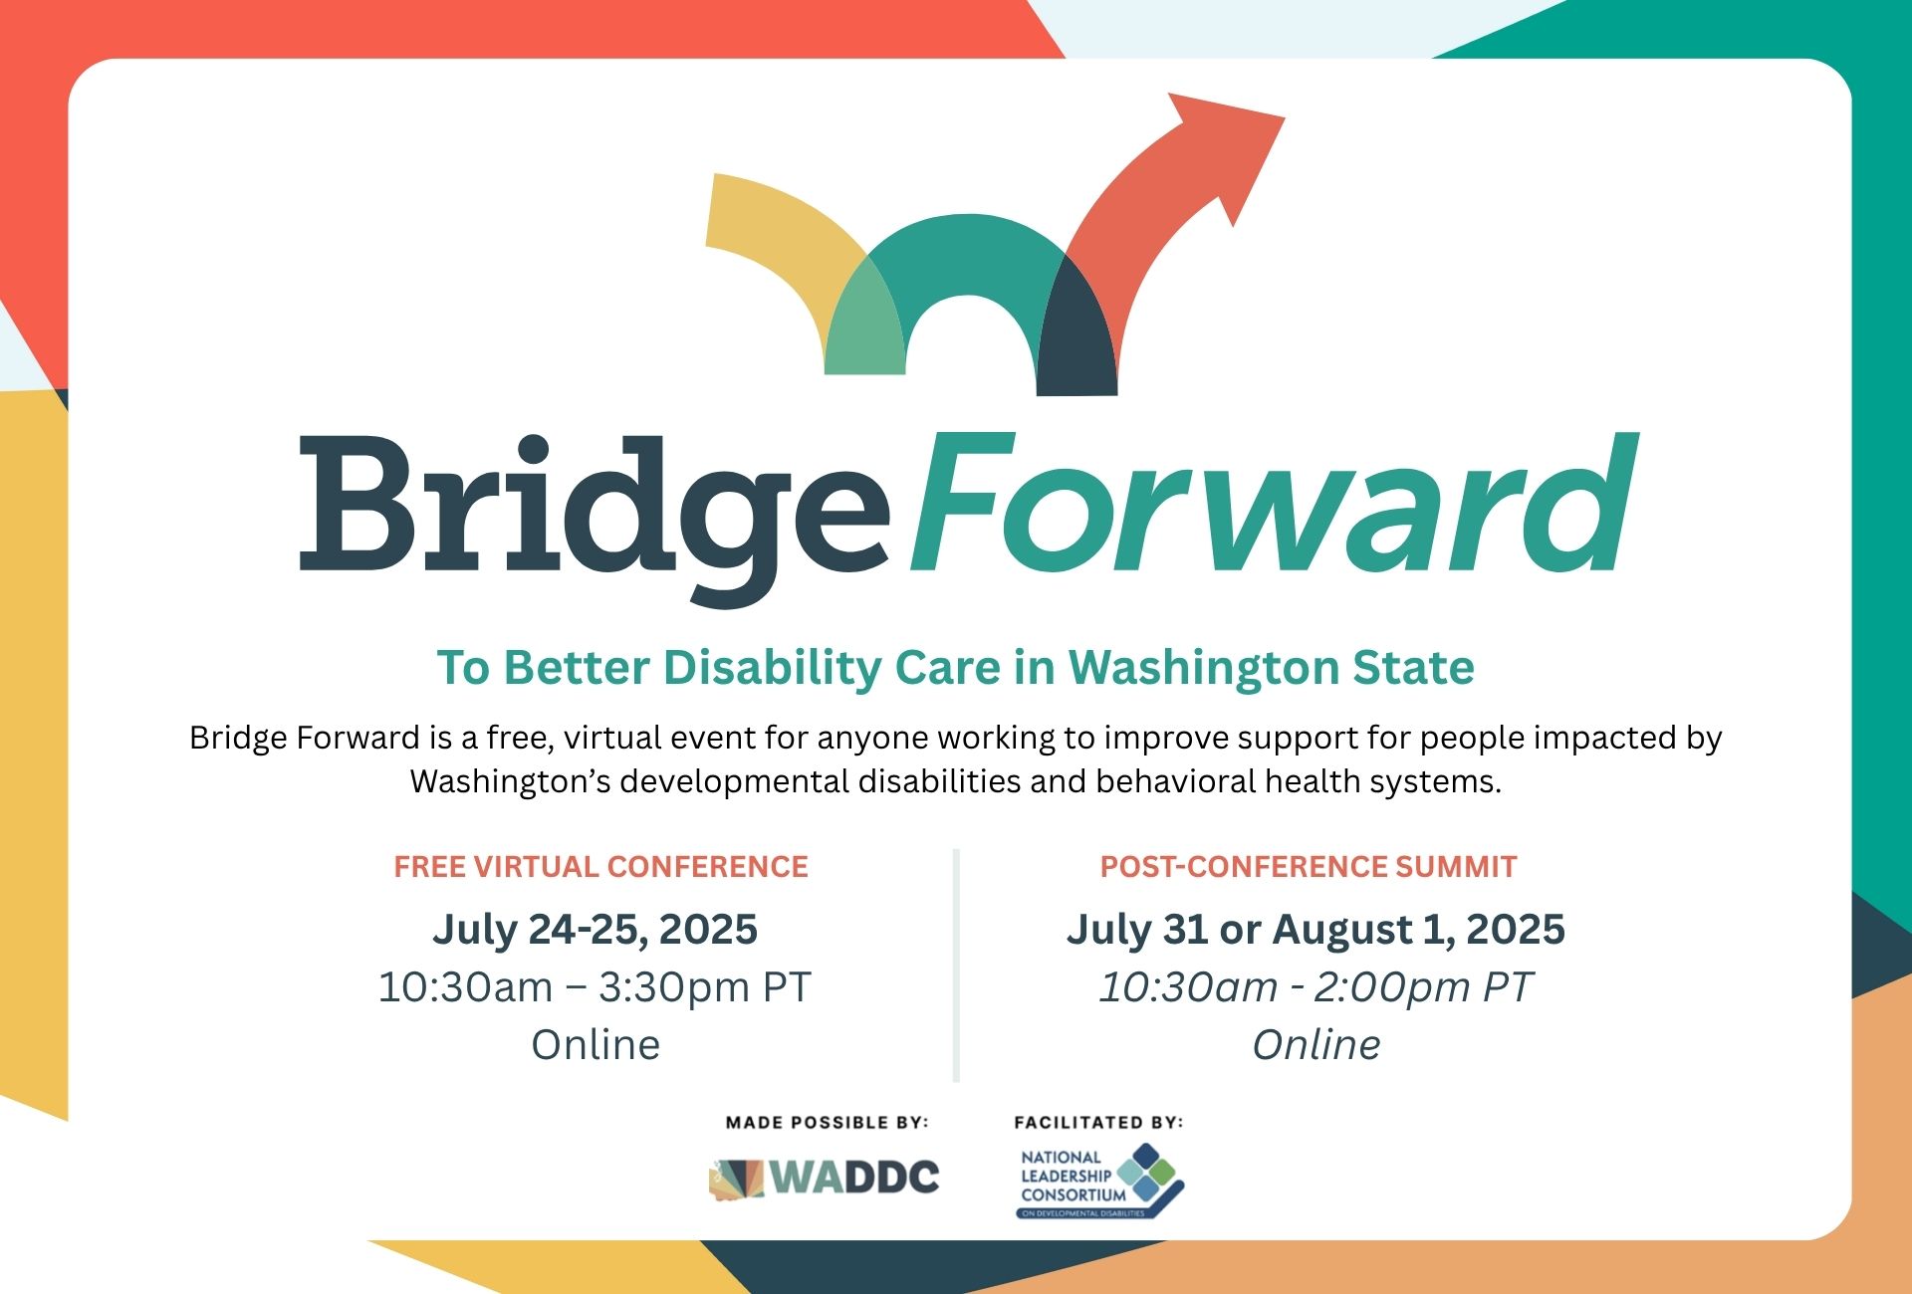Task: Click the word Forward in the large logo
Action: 1273,506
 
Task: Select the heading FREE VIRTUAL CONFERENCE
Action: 600,867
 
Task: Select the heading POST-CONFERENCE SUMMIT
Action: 1308,867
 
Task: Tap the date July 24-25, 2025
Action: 596,929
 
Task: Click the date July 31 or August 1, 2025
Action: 1315,929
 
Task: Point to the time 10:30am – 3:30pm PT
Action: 596,986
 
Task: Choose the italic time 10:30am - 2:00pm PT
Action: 1315,986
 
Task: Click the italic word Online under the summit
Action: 1315,1044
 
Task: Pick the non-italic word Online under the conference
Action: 596,1044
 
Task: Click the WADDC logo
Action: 825,1178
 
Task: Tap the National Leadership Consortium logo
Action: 1099,1182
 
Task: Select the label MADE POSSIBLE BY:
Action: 827,1122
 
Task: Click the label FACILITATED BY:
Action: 1098,1122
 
